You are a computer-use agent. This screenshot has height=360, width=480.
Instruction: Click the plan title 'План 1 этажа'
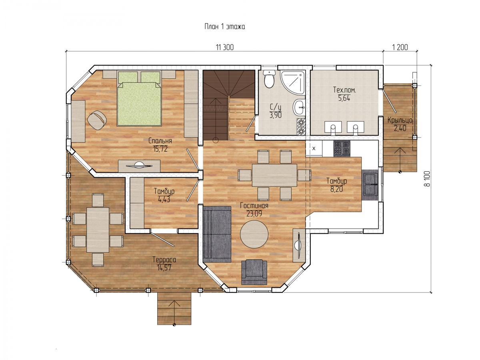tap(224, 27)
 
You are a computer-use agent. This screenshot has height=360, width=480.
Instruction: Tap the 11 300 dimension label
tap(224, 47)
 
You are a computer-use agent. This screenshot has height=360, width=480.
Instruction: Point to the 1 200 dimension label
tap(400, 47)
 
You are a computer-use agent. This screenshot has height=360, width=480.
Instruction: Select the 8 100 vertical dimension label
tap(427, 178)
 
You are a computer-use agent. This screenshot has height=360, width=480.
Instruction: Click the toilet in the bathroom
tap(269, 79)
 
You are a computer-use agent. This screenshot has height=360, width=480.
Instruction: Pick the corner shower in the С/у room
tap(293, 82)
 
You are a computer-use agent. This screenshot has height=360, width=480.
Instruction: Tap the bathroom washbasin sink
tap(299, 107)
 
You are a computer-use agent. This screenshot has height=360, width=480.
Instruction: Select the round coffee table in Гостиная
tap(254, 234)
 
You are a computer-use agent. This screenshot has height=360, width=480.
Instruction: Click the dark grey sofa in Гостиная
tap(217, 234)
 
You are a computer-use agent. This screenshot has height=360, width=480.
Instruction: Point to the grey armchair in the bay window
tap(254, 272)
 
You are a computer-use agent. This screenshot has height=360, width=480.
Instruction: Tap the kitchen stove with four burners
tap(342, 149)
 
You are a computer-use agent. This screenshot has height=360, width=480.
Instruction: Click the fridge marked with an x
tap(314, 148)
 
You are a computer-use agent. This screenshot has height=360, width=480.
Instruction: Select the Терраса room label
tap(164, 260)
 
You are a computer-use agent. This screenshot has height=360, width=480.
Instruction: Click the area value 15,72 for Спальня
tap(160, 149)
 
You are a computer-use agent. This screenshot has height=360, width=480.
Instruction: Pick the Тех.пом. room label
tap(344, 90)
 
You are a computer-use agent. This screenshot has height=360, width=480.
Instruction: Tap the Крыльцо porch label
tap(400, 120)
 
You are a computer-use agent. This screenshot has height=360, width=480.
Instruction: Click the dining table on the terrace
tap(98, 230)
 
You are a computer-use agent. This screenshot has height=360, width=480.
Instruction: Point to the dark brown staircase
tap(229, 105)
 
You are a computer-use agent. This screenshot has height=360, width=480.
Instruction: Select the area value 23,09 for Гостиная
tap(254, 214)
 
